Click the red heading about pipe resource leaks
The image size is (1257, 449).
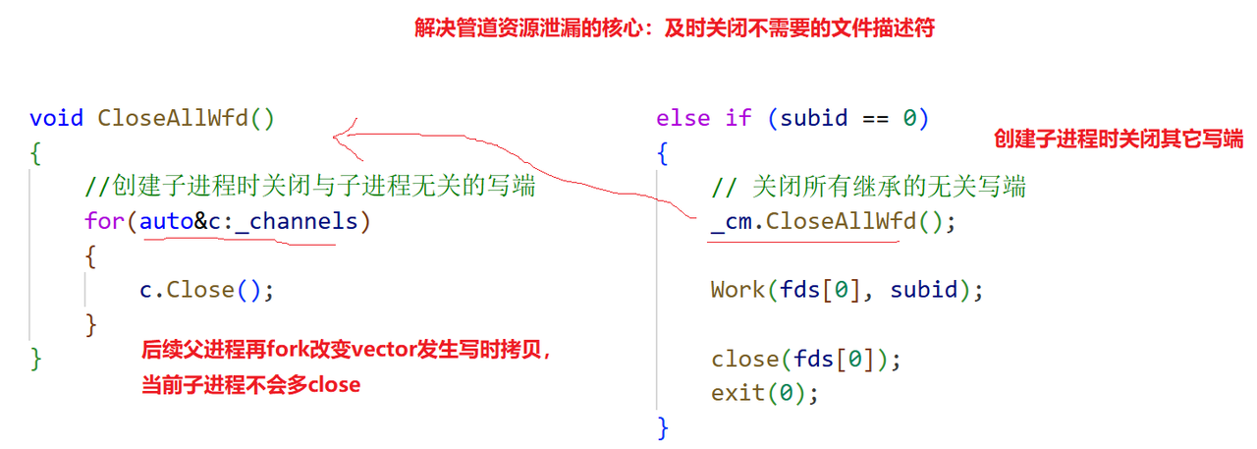(x=673, y=28)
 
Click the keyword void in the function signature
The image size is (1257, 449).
(x=57, y=119)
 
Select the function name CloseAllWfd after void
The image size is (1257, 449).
(x=174, y=119)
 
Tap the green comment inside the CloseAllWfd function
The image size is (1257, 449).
(x=311, y=186)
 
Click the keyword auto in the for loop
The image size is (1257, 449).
(x=166, y=221)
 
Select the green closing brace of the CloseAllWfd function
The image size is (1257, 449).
(x=36, y=358)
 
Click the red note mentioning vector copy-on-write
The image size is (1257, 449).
(x=346, y=350)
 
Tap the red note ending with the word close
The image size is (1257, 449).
(x=250, y=385)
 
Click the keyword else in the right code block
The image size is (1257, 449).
(x=683, y=119)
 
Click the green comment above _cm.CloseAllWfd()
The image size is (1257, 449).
(x=869, y=186)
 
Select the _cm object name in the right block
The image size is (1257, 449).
(x=731, y=221)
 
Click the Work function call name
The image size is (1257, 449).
(x=738, y=290)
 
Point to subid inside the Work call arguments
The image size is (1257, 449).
(x=926, y=290)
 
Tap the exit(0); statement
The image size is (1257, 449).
(x=765, y=393)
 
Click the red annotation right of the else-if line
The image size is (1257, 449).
(x=1119, y=140)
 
